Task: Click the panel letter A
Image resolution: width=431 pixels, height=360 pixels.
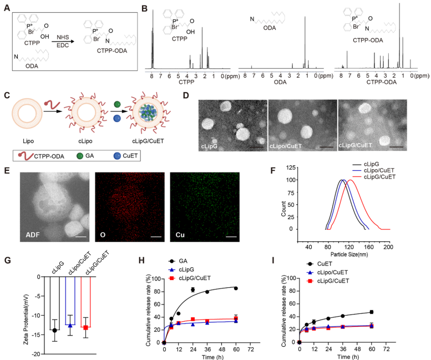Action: pos(6,8)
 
